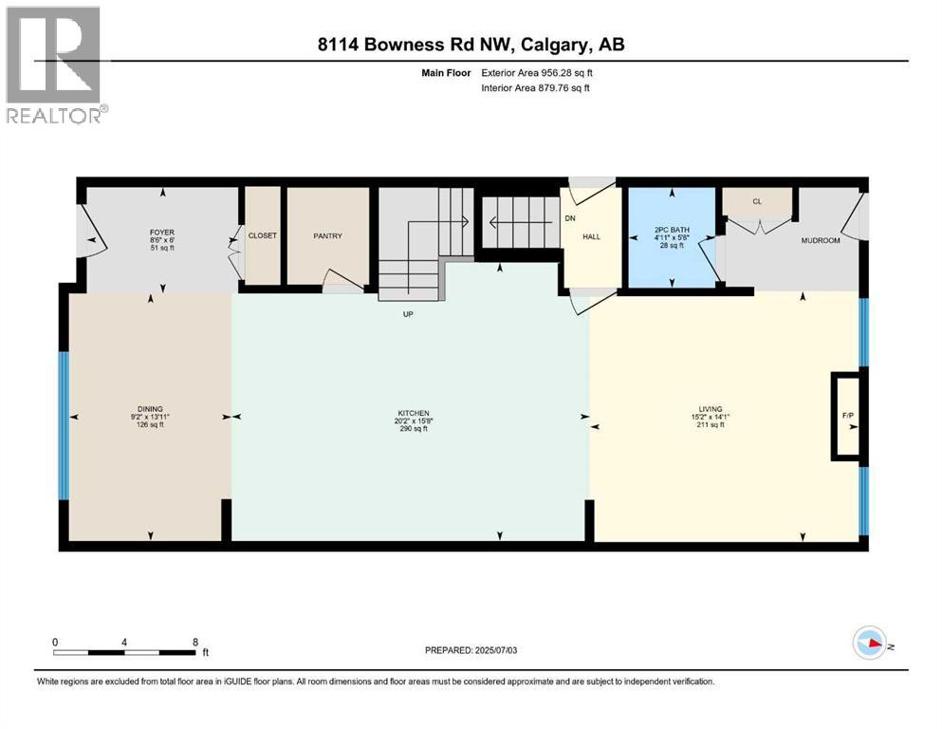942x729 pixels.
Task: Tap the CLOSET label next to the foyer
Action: coord(262,235)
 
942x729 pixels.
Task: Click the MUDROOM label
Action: coord(821,241)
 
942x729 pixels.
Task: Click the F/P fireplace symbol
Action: coord(847,416)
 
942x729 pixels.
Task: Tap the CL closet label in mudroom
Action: coord(756,201)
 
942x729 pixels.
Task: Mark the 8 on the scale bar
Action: coord(194,642)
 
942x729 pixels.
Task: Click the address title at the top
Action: coord(471,45)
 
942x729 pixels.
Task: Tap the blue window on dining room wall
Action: coord(64,425)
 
